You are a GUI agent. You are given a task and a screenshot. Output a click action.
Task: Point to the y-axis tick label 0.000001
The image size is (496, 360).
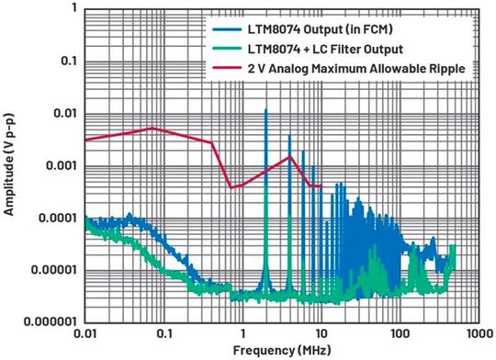[x=49, y=322]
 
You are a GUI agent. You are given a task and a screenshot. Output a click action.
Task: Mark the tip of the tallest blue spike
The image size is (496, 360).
[x=265, y=109]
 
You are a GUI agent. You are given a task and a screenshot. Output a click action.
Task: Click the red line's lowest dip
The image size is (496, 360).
[x=231, y=187]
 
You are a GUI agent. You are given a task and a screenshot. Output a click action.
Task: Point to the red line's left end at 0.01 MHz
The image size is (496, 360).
[x=85, y=140]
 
